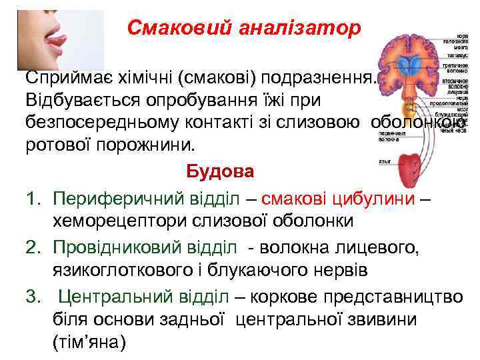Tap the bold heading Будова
coord(220,171)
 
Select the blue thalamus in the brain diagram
coord(410,63)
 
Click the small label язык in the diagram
coord(384,161)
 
